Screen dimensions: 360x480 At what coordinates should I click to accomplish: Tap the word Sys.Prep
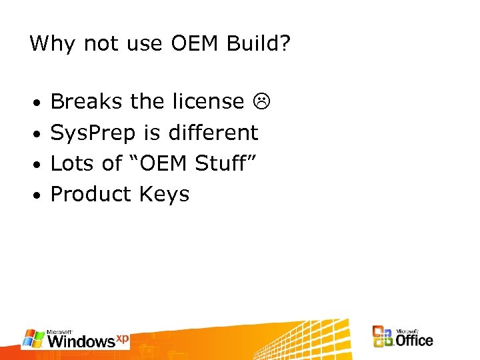pos(94,133)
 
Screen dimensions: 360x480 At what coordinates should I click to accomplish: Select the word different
pos(213,132)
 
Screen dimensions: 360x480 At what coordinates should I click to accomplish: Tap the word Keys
pos(165,195)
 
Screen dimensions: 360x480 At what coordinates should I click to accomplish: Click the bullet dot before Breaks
pos(39,103)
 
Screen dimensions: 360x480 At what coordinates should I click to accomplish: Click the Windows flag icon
pos(33,337)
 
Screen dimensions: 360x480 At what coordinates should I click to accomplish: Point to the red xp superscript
pos(122,338)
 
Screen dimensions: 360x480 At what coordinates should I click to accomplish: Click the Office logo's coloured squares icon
pos(382,337)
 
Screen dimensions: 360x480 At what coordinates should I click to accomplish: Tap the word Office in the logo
pos(415,340)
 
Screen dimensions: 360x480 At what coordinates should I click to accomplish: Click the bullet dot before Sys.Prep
pos(39,134)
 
